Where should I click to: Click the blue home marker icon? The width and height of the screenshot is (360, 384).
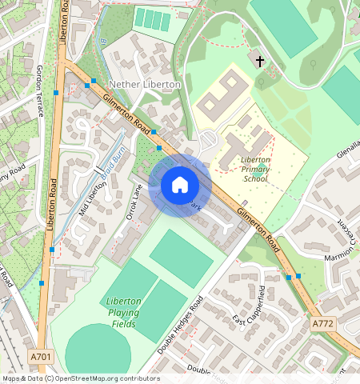click(180, 185)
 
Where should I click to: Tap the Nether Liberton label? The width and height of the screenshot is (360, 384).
click(145, 84)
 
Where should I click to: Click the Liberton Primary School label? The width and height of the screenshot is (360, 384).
click(255, 169)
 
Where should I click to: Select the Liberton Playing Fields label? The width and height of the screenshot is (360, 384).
click(123, 312)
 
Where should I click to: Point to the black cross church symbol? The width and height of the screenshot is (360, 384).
click(258, 60)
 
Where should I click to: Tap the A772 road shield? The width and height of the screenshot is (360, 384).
click(322, 323)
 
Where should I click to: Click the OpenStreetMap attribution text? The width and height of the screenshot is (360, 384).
click(80, 378)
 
